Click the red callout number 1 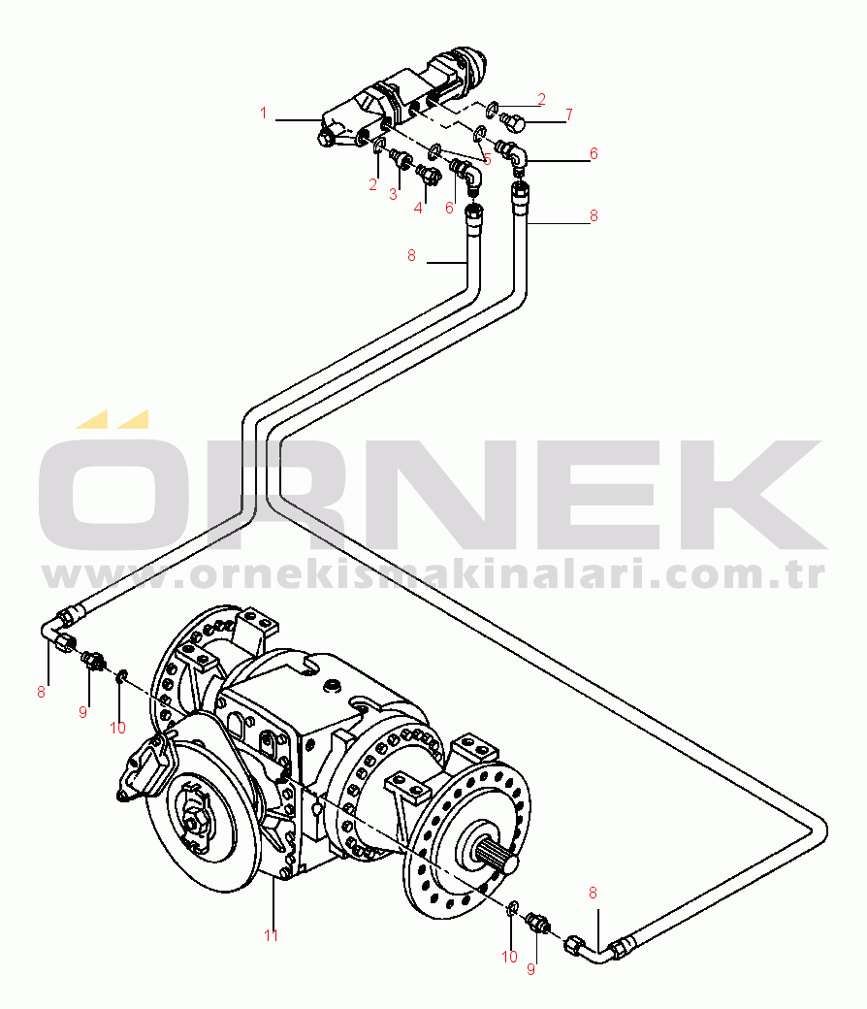click(x=263, y=114)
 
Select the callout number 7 click(x=568, y=114)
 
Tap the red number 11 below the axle click(x=272, y=935)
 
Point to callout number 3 click(x=394, y=194)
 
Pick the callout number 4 click(x=419, y=207)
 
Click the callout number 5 click(x=486, y=159)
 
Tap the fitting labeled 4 click(x=427, y=174)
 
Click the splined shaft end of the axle click(x=496, y=854)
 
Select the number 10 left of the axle click(x=117, y=728)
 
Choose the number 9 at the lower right click(x=530, y=968)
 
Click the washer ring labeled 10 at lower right click(x=511, y=908)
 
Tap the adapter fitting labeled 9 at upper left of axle click(x=95, y=660)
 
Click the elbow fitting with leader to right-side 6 click(x=514, y=152)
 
